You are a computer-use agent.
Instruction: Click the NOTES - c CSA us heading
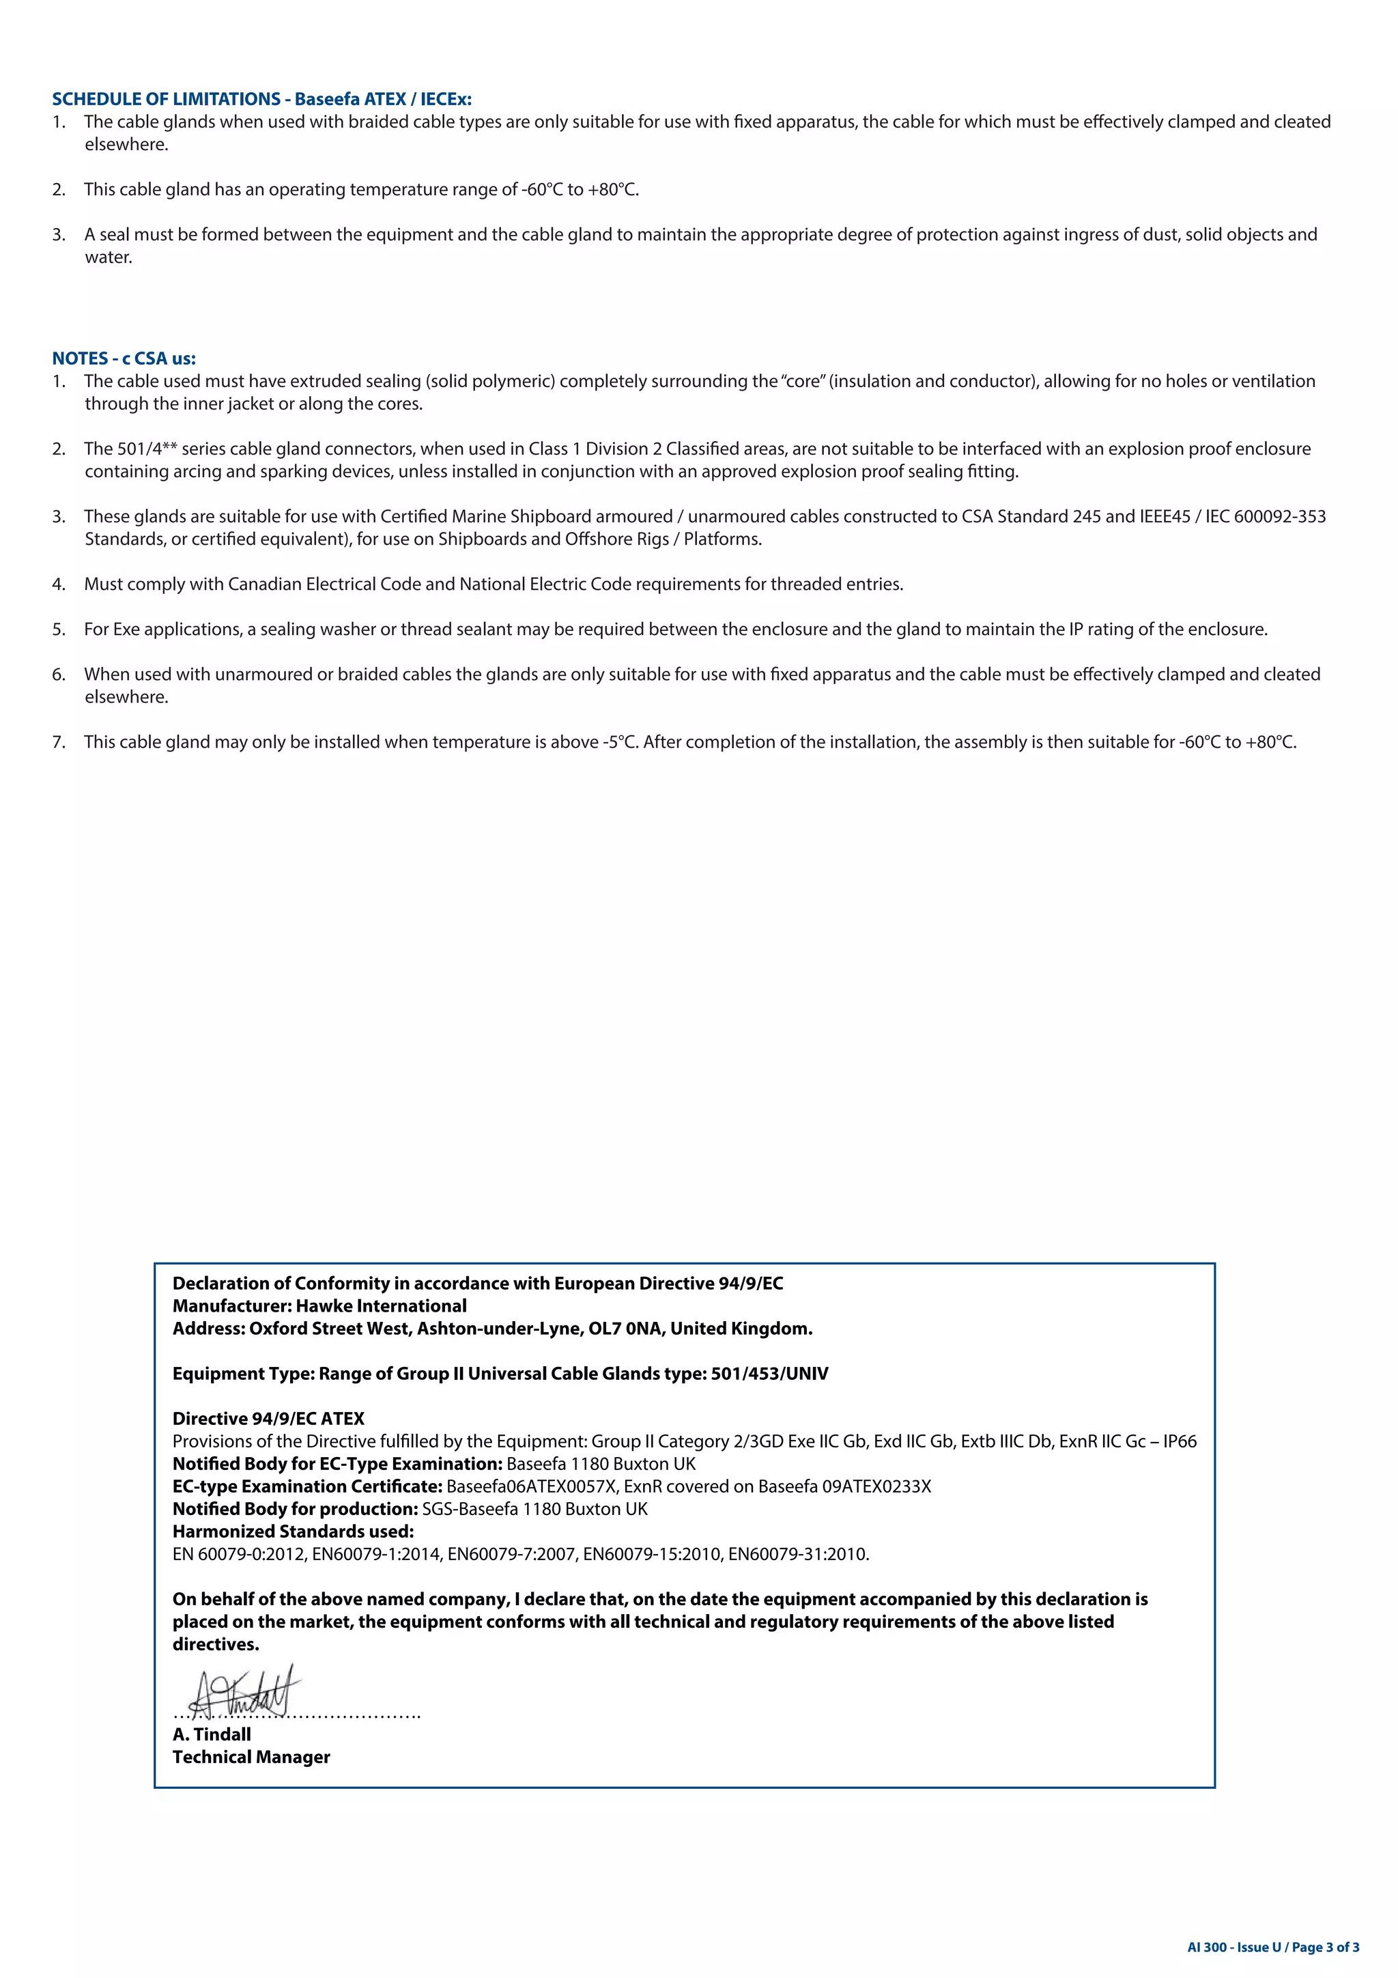[x=124, y=358]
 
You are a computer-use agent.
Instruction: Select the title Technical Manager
[x=251, y=1757]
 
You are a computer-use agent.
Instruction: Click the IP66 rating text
[x=1179, y=1442]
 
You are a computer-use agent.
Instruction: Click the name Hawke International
[x=381, y=1306]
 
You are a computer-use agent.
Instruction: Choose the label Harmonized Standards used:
[x=293, y=1531]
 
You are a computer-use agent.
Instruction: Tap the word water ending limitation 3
[x=108, y=257]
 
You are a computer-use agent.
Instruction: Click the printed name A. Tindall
[x=211, y=1735]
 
